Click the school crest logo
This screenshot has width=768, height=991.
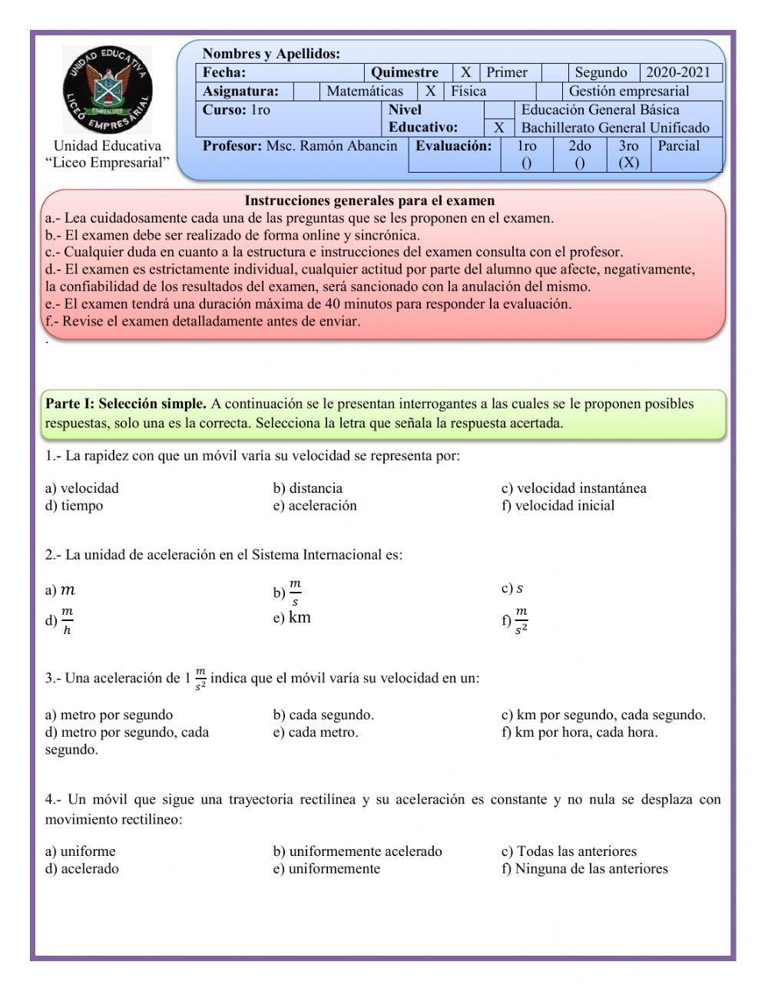coord(108,89)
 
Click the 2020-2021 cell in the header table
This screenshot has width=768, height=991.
coord(678,73)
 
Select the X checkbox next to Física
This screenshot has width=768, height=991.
coord(431,91)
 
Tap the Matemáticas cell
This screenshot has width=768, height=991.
coord(365,91)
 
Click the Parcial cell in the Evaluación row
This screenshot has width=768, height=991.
coord(679,146)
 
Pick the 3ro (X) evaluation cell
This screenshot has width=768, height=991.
coord(628,154)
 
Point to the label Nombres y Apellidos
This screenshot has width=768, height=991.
coord(271,54)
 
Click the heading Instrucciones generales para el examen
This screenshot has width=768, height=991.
coord(369,201)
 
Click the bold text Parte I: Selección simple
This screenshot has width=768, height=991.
coord(126,404)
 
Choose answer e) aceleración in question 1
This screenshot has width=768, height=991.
coord(315,506)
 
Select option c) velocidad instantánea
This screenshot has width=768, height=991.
coord(574,488)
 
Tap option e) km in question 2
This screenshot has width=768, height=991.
coord(292,618)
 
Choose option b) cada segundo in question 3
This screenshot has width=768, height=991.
coord(323,715)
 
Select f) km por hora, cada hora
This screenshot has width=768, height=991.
coord(579,732)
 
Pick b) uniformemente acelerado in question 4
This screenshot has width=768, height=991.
coord(357,851)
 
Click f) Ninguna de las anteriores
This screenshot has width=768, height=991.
coord(584,869)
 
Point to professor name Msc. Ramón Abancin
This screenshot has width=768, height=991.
coord(332,146)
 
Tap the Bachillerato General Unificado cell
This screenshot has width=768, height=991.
coord(614,128)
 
